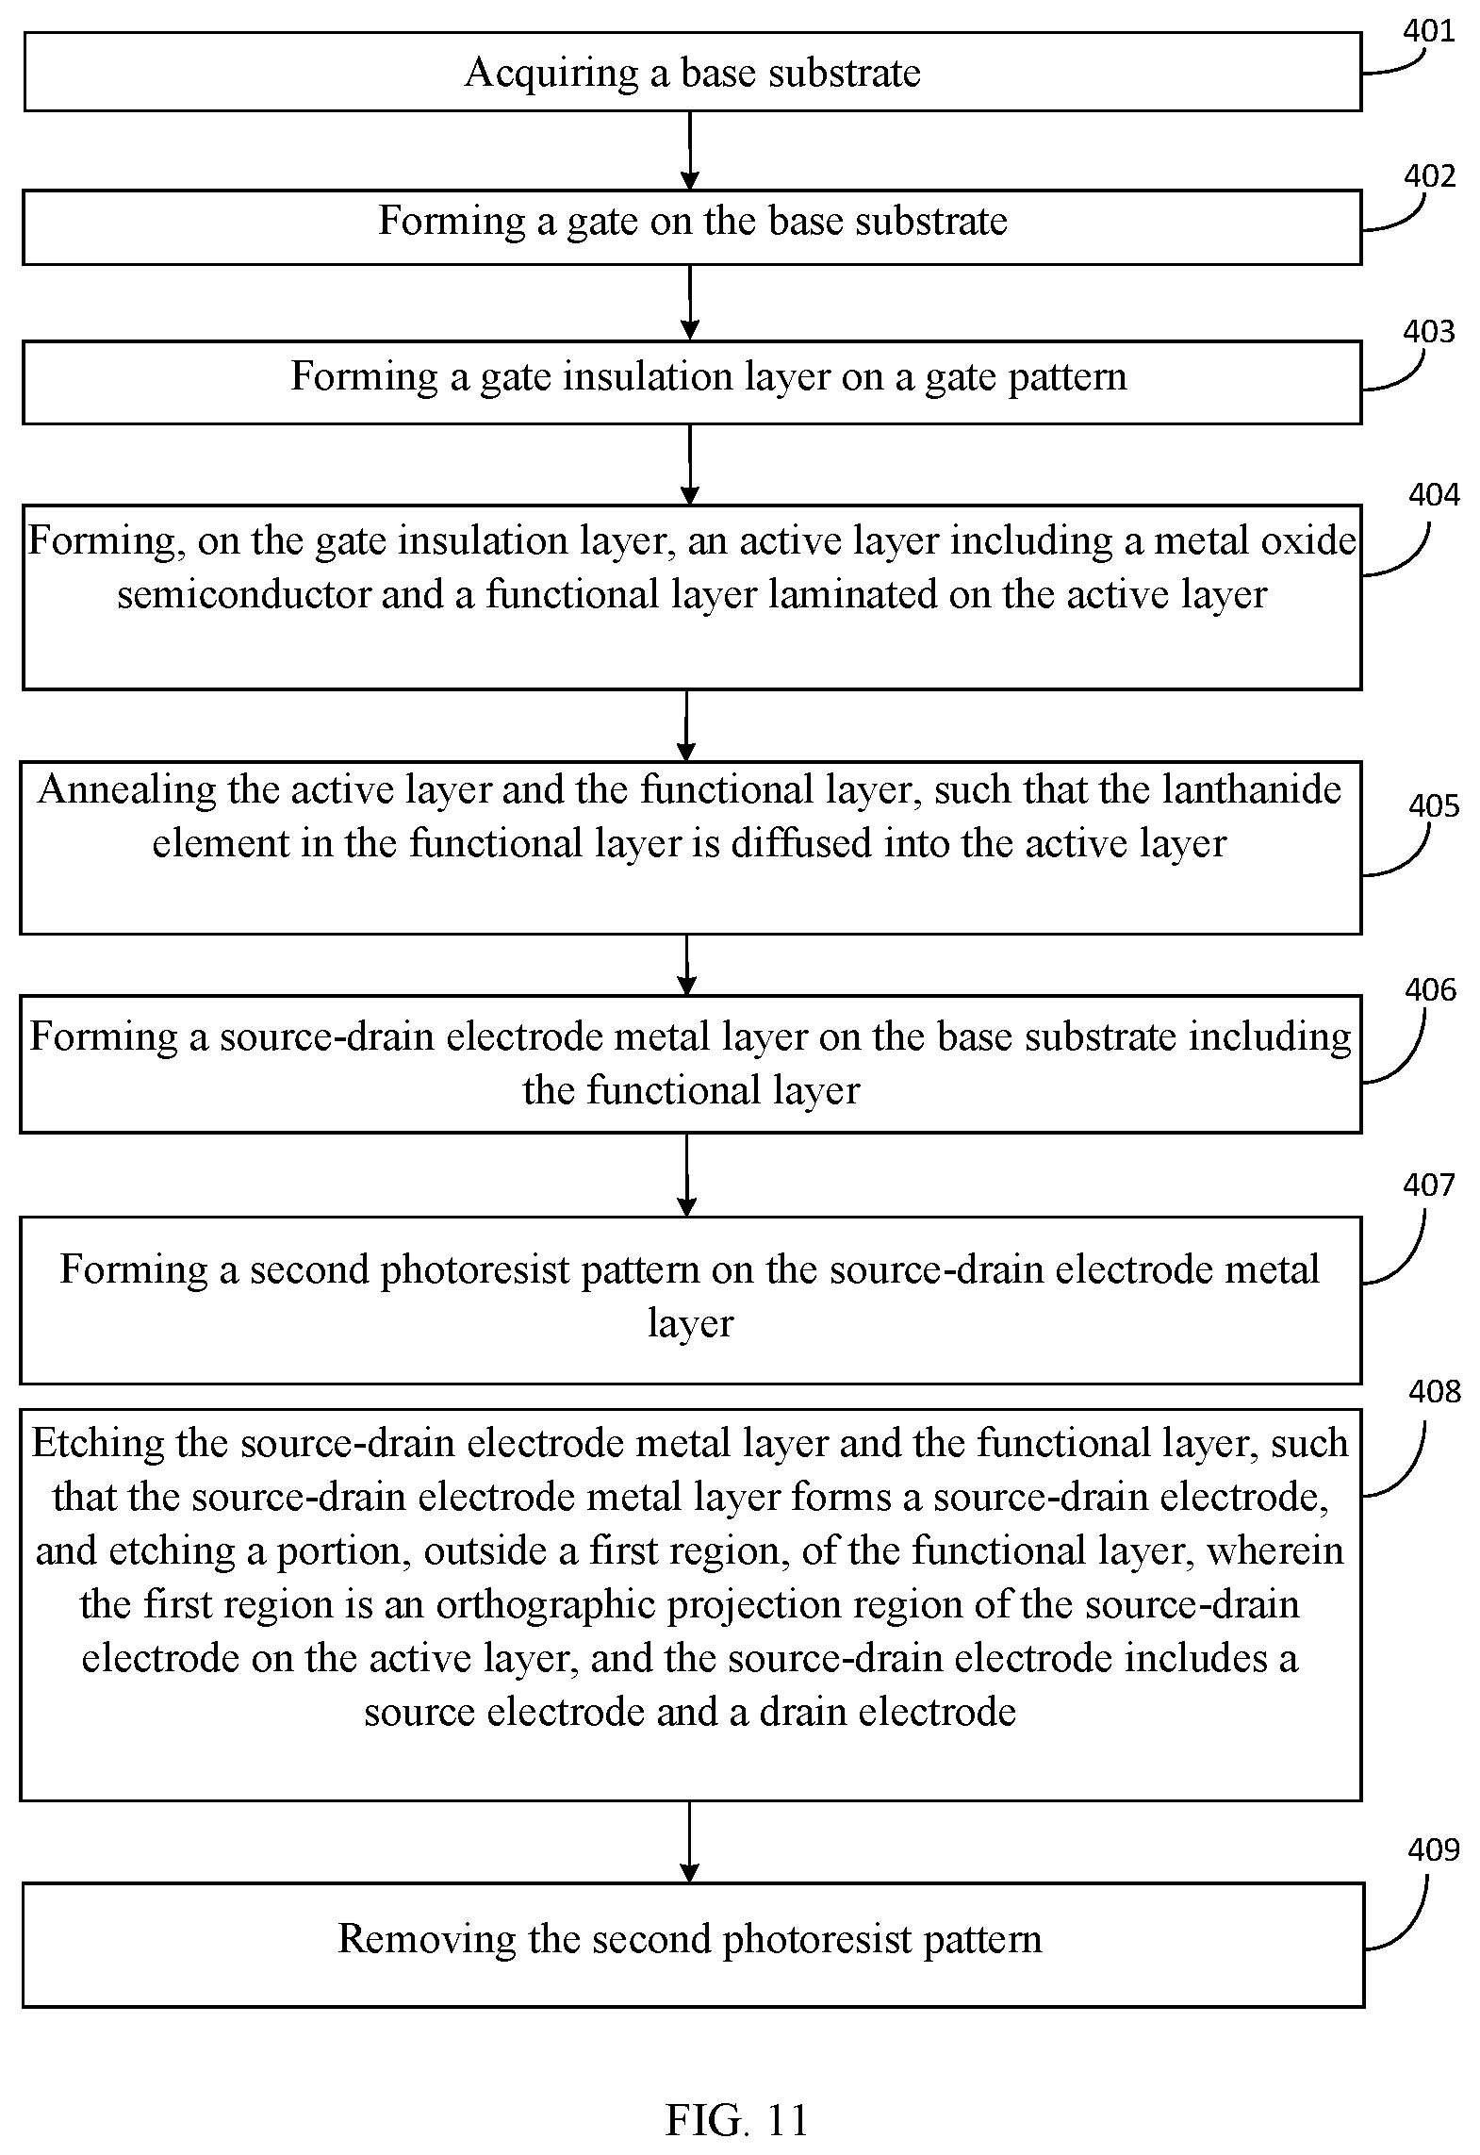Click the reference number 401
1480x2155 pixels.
tap(1429, 31)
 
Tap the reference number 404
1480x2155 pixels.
tap(1433, 494)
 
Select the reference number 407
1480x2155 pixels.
tap(1429, 1184)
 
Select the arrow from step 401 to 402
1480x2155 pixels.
tap(691, 151)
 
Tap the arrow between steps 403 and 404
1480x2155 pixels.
tap(691, 464)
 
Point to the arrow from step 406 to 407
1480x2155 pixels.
tap(687, 1174)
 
